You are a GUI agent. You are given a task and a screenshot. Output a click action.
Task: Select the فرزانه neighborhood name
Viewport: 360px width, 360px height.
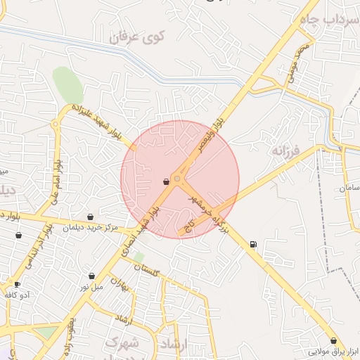(x=288, y=150)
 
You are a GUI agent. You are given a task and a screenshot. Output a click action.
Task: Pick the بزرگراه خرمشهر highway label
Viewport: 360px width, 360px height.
(x=212, y=212)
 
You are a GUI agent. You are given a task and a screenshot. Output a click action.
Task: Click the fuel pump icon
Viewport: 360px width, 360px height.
(x=252, y=244)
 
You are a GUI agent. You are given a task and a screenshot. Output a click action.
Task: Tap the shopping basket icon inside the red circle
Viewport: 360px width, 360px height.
(x=166, y=181)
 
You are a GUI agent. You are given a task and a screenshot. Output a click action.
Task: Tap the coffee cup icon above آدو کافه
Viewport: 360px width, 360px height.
(x=17, y=285)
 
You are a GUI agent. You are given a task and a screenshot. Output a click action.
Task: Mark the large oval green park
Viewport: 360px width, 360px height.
(x=68, y=86)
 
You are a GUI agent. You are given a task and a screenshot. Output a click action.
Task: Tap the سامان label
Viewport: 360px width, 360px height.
(x=349, y=188)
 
